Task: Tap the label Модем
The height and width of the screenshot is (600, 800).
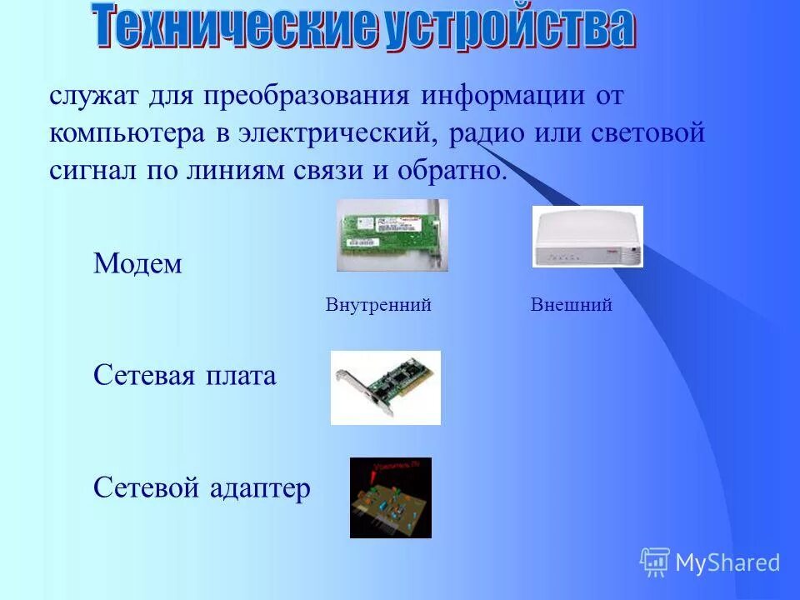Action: [x=137, y=264]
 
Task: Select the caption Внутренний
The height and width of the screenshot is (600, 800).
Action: [x=377, y=305]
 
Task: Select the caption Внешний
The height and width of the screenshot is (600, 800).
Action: [x=571, y=305]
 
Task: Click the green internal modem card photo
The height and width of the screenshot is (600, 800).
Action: [x=392, y=235]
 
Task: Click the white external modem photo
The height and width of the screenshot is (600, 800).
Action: [x=587, y=237]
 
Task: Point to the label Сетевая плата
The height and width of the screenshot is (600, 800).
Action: [x=184, y=376]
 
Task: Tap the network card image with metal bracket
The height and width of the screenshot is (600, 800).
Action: [x=385, y=387]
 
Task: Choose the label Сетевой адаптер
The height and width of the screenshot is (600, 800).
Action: [x=202, y=487]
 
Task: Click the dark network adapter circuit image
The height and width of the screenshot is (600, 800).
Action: [x=390, y=497]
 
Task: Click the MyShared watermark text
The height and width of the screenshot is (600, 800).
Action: [x=727, y=562]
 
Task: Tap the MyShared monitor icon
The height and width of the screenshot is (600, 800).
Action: [x=655, y=562]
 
